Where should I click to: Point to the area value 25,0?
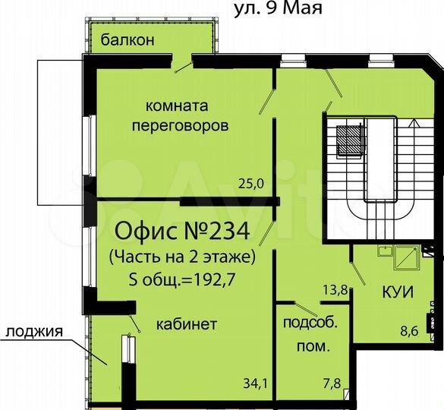(250, 183)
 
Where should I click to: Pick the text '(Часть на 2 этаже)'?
(182, 257)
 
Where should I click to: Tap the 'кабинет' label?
(186, 324)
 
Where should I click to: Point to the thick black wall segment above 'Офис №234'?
(228, 201)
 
